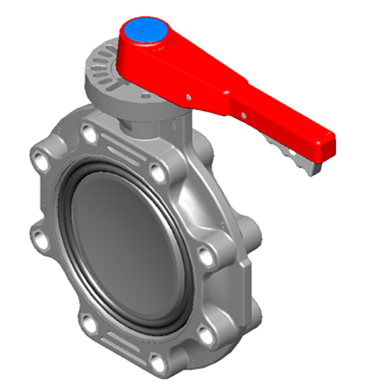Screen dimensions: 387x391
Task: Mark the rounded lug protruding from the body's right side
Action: click(252, 235)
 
